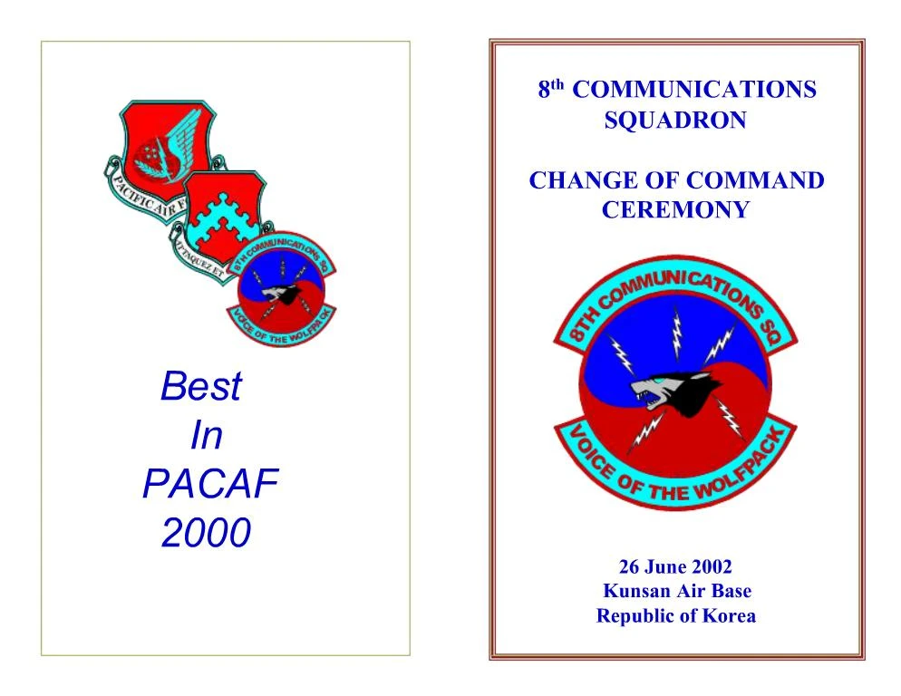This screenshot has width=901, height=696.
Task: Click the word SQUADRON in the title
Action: tap(674, 121)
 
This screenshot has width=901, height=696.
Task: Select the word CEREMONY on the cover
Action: tap(675, 210)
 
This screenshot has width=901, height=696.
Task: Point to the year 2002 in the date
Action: tap(711, 567)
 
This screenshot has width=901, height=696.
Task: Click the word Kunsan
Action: tap(636, 592)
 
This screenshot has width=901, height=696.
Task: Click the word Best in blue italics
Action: tap(200, 387)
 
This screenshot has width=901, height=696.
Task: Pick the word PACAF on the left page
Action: tap(209, 486)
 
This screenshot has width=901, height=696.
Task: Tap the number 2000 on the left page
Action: tap(205, 535)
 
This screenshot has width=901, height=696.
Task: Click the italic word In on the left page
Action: tap(206, 437)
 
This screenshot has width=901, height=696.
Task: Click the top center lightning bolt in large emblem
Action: tap(675, 332)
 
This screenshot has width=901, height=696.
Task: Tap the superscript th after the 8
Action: tap(559, 85)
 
